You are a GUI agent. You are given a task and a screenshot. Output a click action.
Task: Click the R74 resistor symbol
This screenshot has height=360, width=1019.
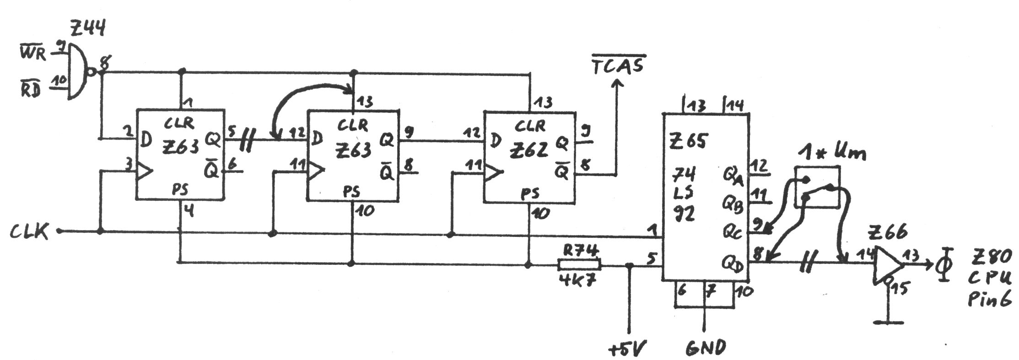tap(579, 264)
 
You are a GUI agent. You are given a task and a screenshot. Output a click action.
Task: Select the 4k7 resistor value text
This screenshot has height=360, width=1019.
tap(578, 280)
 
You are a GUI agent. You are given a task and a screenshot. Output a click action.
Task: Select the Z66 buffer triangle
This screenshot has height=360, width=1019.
tap(887, 264)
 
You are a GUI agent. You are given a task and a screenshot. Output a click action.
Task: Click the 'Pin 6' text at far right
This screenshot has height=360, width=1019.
tap(989, 299)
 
